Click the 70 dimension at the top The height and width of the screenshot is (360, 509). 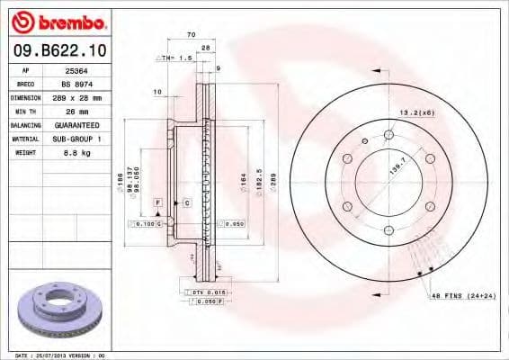191,34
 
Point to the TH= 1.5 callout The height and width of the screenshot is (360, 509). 175,58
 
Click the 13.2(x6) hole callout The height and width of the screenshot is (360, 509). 415,112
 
